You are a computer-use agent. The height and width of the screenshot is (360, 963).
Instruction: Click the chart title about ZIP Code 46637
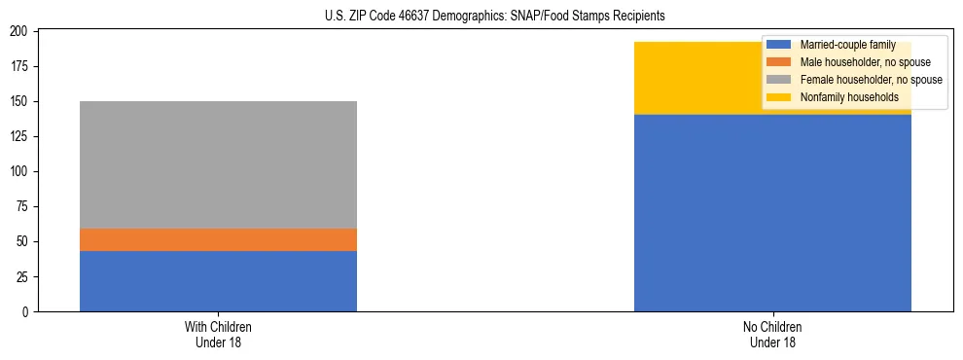(495, 17)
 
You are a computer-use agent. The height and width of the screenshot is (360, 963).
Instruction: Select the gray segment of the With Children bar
(218, 164)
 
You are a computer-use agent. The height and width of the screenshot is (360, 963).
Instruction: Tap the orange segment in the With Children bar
(218, 239)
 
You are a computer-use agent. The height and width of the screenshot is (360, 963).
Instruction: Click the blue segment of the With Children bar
(218, 281)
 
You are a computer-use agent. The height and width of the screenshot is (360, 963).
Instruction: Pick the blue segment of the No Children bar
(772, 213)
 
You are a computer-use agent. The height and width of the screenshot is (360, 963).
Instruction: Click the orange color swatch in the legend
(779, 62)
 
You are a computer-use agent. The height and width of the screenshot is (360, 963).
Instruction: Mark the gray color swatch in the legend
(779, 80)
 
